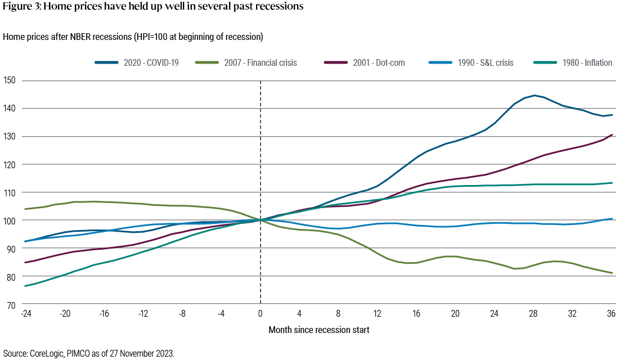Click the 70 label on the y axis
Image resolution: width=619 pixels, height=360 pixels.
(x=11, y=304)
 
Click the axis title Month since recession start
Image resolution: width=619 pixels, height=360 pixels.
(x=319, y=330)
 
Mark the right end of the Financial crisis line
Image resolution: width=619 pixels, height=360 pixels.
(x=612, y=273)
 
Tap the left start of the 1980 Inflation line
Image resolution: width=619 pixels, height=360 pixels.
(x=24, y=286)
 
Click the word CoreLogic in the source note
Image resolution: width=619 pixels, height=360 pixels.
(x=44, y=353)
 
